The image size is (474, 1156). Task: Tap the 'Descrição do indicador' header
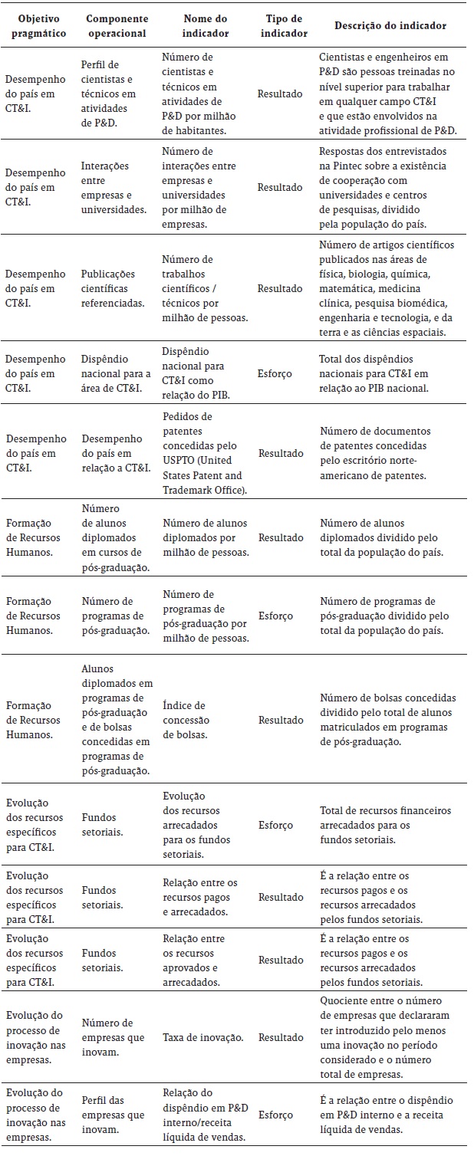pyautogui.click(x=390, y=25)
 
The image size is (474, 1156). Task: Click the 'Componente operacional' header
pyautogui.click(x=116, y=25)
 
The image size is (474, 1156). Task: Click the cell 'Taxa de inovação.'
pyautogui.click(x=203, y=1037)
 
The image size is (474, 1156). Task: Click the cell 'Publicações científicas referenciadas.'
pyautogui.click(x=113, y=288)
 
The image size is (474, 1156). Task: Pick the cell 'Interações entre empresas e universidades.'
pyautogui.click(x=114, y=187)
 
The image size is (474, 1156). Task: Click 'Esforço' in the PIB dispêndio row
pyautogui.click(x=275, y=373)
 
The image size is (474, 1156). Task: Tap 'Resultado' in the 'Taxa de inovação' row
pyautogui.click(x=280, y=1037)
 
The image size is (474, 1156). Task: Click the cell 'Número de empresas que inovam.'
pyautogui.click(x=107, y=1037)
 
